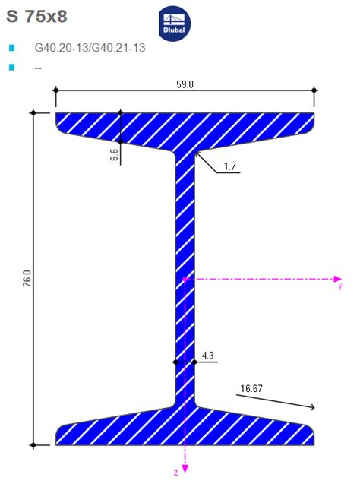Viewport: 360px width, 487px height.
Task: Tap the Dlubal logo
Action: coord(175,24)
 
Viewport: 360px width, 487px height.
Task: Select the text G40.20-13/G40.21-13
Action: coord(90,48)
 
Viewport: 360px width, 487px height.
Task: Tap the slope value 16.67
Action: coord(252,389)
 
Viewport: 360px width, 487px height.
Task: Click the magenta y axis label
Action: coord(340,287)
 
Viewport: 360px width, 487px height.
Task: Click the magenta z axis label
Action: coord(176,473)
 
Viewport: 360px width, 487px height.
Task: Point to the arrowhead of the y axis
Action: coord(335,279)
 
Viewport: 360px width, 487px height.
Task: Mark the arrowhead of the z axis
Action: coord(185,469)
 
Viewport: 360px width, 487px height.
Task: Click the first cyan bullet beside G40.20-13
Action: coord(11,48)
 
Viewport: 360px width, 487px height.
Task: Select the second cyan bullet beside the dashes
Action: coord(11,67)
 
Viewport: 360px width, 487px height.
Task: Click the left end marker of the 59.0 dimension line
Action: coord(55,90)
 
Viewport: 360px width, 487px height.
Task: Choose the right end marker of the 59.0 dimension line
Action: coord(314,90)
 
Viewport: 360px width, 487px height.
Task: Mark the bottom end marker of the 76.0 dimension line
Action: coord(33,444)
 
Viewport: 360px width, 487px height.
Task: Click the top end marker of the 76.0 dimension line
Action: coord(33,113)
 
